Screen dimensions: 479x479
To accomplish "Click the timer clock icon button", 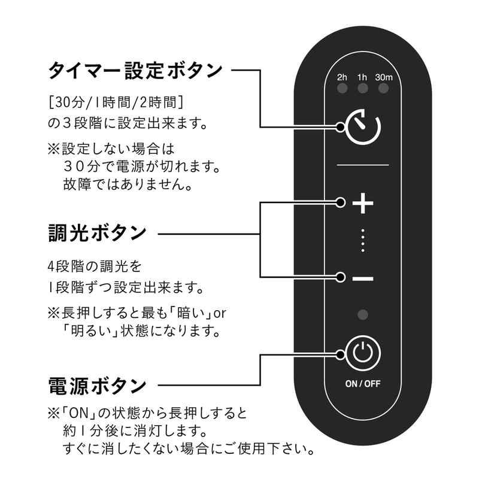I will coord(363,126).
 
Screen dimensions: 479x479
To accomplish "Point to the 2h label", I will coord(342,77).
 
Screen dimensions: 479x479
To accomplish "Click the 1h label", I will coord(362,77).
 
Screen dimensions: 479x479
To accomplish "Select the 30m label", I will coord(383,77).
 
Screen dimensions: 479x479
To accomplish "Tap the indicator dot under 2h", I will coord(342,90).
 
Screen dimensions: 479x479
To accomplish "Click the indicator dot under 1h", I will coord(362,90).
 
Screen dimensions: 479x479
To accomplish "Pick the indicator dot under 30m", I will coord(383,90).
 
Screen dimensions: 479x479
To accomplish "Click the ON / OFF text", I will coord(363,384).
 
